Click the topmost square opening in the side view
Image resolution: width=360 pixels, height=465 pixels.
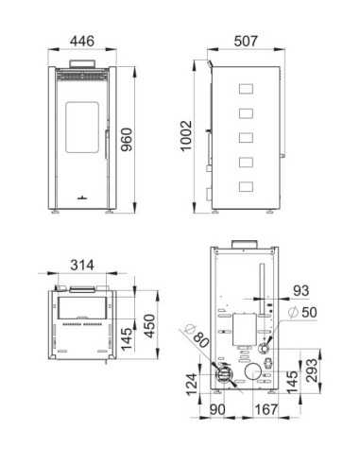[246, 92]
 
